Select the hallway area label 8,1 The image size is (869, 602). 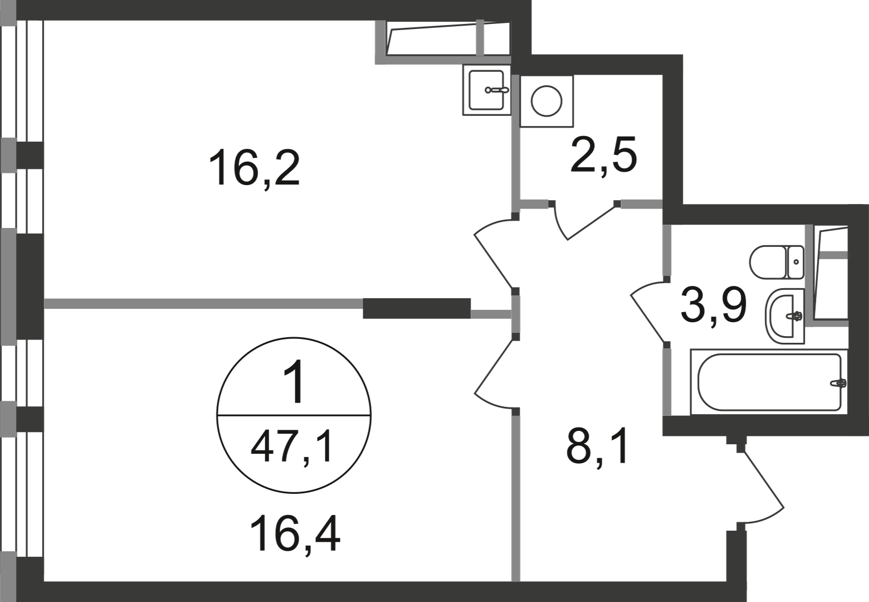[x=597, y=449]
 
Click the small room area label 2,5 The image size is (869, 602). [x=604, y=156]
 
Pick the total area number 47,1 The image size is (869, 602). [x=292, y=450]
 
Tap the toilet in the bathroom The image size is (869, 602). [x=777, y=262]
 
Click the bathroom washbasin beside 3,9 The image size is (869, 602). [x=785, y=317]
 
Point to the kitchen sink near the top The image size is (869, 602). [x=486, y=90]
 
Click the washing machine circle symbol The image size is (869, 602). [x=546, y=101]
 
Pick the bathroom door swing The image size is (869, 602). [x=647, y=312]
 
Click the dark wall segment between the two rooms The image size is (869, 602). [x=417, y=308]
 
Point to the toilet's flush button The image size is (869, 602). [x=796, y=262]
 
